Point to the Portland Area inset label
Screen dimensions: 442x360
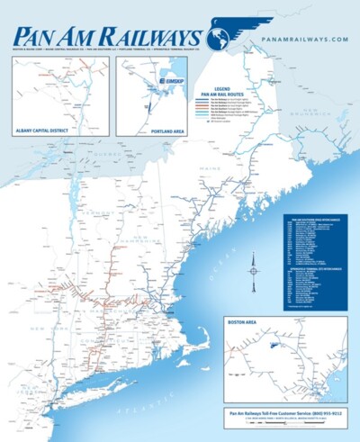141,130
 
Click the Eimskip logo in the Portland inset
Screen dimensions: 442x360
169,80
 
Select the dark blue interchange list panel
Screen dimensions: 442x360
313,260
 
